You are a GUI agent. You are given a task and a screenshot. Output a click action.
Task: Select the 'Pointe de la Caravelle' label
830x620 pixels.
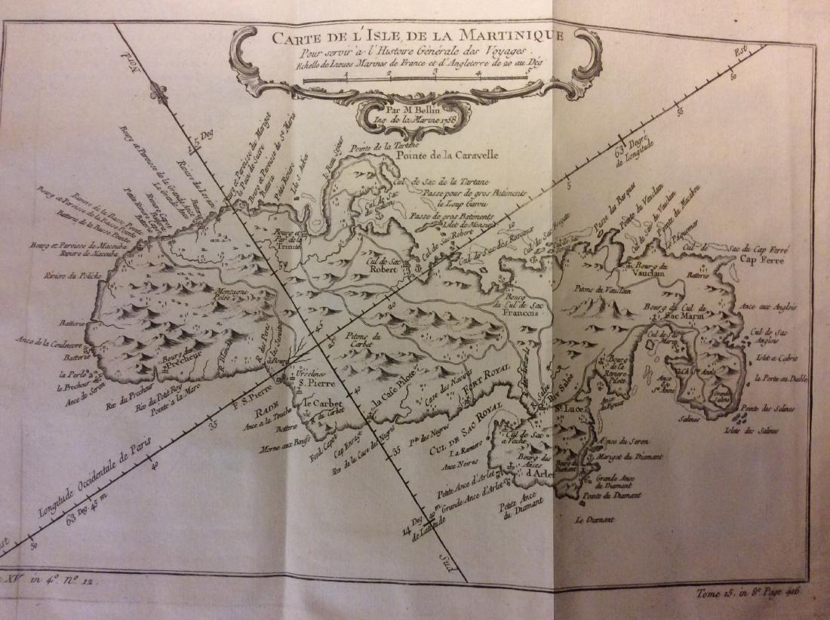click(446, 157)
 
